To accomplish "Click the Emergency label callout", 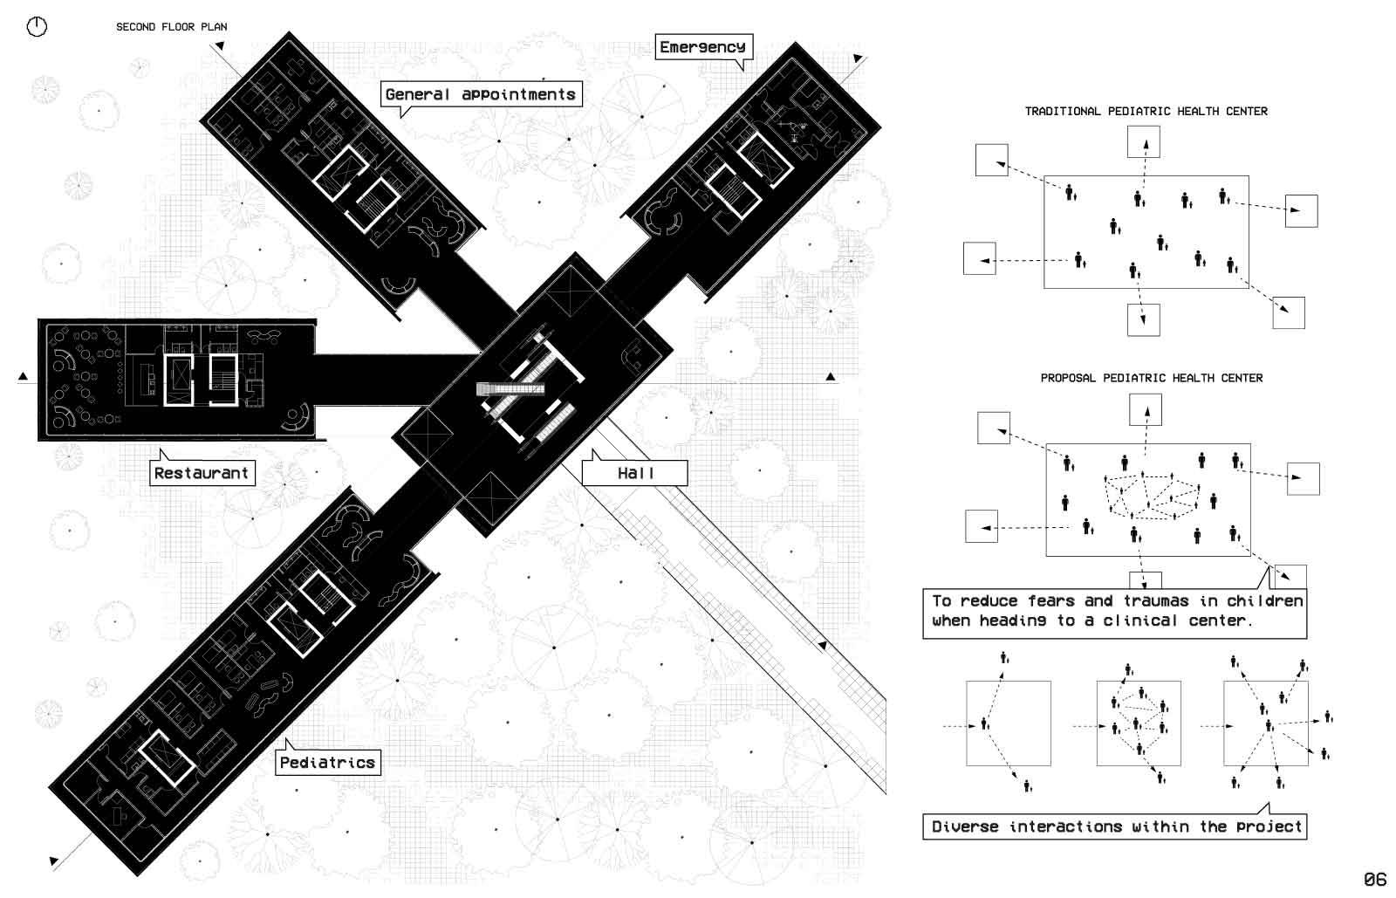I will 702,47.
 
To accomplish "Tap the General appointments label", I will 481,94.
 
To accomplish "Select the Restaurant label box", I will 202,473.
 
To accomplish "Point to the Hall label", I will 635,473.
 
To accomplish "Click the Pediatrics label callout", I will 327,762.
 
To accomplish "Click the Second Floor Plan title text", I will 172,27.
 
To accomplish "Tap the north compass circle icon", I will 37,27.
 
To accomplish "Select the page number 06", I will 1375,879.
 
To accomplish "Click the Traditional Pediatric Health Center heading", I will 1146,112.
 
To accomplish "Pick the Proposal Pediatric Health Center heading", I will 1151,379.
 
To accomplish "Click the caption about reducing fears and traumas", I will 1115,611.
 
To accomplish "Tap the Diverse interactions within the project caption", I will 1115,826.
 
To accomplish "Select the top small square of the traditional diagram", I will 1143,141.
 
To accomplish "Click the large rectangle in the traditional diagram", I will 1146,231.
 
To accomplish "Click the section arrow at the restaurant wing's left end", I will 24,377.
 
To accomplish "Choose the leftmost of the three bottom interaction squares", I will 1008,723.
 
